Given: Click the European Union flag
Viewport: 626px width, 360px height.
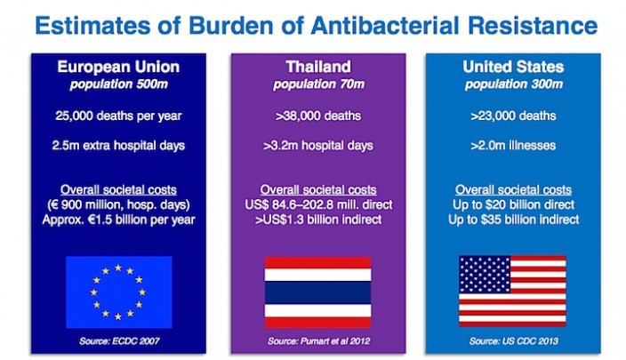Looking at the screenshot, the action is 119,292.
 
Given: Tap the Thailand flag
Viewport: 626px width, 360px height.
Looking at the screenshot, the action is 317,292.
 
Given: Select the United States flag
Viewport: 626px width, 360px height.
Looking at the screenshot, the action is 512,291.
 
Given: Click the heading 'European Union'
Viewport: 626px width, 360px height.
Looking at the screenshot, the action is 118,67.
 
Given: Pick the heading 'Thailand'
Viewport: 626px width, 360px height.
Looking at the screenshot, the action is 318,67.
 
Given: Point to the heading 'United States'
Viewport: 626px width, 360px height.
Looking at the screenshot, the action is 513,67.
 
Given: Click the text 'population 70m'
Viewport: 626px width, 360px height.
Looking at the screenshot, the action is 318,84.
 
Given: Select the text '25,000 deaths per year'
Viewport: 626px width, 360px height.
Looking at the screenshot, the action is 118,116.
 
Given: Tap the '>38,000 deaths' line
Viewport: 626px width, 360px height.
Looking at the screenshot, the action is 318,116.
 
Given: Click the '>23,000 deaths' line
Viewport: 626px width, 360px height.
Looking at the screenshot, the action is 513,116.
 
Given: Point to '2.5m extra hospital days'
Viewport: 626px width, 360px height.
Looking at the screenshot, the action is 118,145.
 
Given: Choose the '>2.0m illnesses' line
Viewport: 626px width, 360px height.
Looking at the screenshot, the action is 513,145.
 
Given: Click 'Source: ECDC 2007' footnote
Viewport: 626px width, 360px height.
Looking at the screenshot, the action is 119,341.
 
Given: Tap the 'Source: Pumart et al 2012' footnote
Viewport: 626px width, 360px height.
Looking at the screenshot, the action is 318,341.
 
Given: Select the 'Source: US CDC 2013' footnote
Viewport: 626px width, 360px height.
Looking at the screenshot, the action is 513,341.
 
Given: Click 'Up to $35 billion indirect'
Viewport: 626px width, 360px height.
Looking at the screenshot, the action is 513,220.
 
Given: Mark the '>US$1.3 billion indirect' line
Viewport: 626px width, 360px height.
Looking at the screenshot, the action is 318,220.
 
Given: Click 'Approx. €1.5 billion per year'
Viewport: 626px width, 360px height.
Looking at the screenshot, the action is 118,220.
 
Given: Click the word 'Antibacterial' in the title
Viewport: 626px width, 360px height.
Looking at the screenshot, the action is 385,25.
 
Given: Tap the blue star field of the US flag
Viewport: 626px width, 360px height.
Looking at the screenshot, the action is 485,274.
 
